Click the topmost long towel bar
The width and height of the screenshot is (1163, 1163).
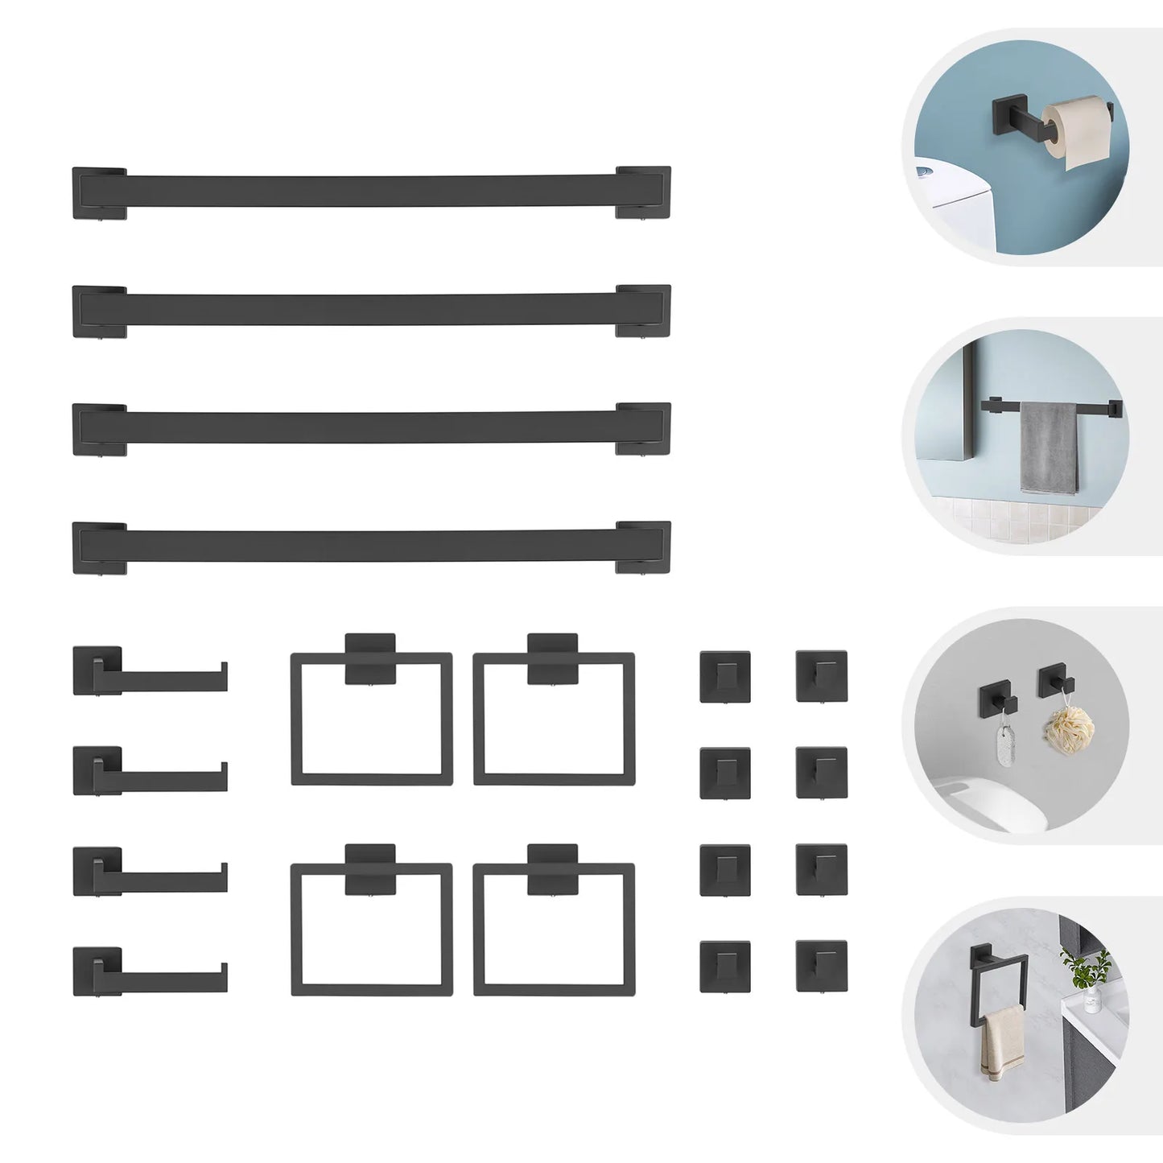[x=370, y=192]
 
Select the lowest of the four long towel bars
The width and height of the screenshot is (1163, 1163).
[x=370, y=546]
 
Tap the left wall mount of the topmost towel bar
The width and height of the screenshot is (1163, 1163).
[x=98, y=192]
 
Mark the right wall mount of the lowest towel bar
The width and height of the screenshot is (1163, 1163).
[x=643, y=547]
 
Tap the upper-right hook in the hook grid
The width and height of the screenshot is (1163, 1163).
[x=821, y=675]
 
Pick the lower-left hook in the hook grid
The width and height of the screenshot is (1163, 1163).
[x=725, y=966]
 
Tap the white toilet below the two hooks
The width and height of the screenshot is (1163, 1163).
[x=966, y=797]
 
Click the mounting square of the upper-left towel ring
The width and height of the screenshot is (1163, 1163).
[x=370, y=658]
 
